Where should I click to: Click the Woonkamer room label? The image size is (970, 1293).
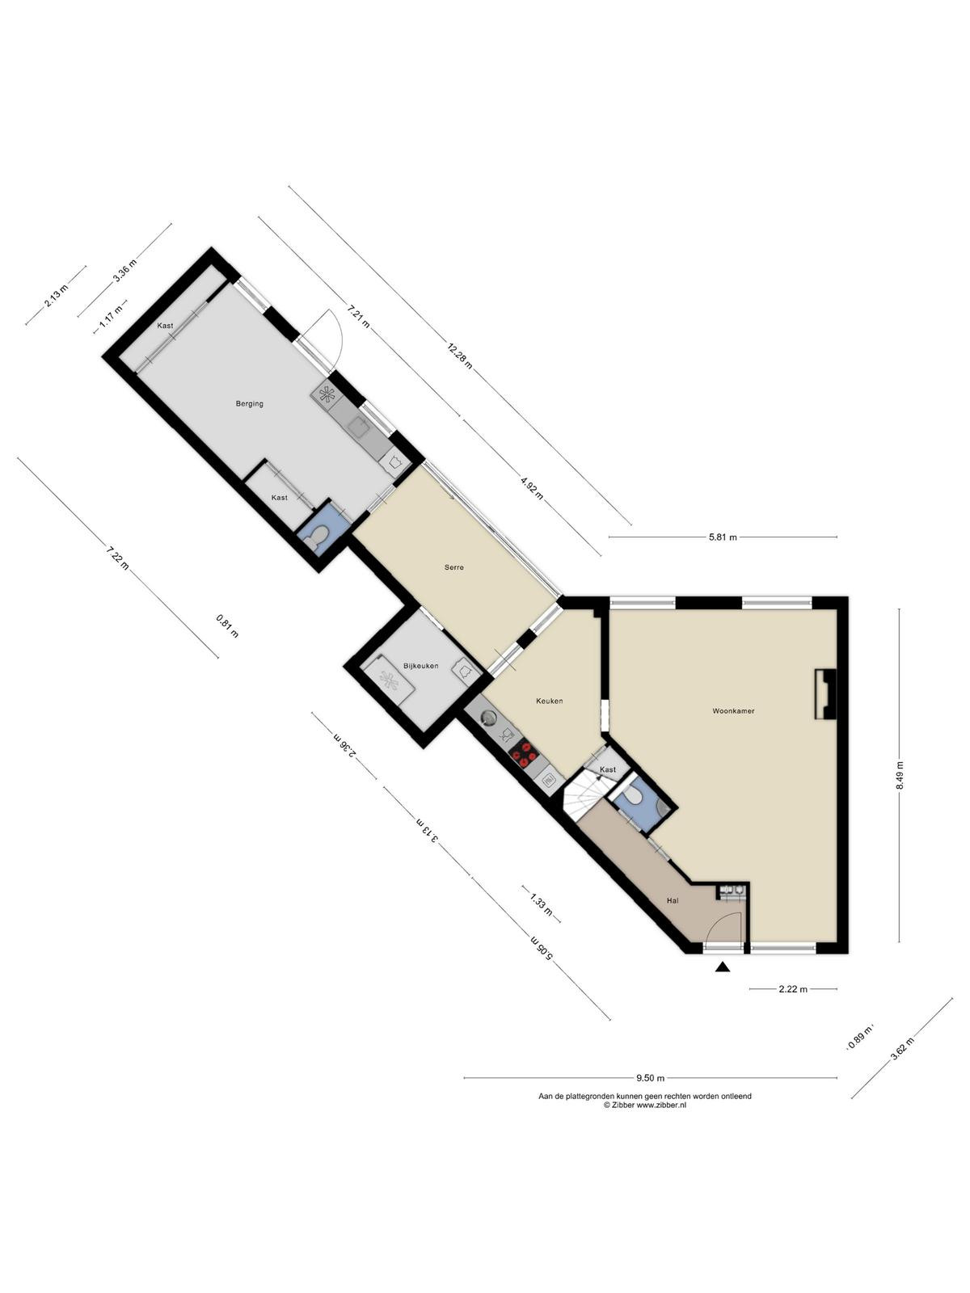(x=733, y=711)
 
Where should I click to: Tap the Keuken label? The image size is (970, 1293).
(x=549, y=701)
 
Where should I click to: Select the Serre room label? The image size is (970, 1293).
(x=454, y=567)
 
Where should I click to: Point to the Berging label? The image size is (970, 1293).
(x=249, y=403)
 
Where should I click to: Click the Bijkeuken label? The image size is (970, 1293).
(x=420, y=666)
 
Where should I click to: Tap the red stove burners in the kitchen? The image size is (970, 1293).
(x=523, y=754)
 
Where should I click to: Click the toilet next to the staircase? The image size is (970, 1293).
(x=635, y=797)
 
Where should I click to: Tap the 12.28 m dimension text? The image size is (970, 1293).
(x=459, y=357)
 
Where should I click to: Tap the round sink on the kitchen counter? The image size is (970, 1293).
(x=488, y=718)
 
